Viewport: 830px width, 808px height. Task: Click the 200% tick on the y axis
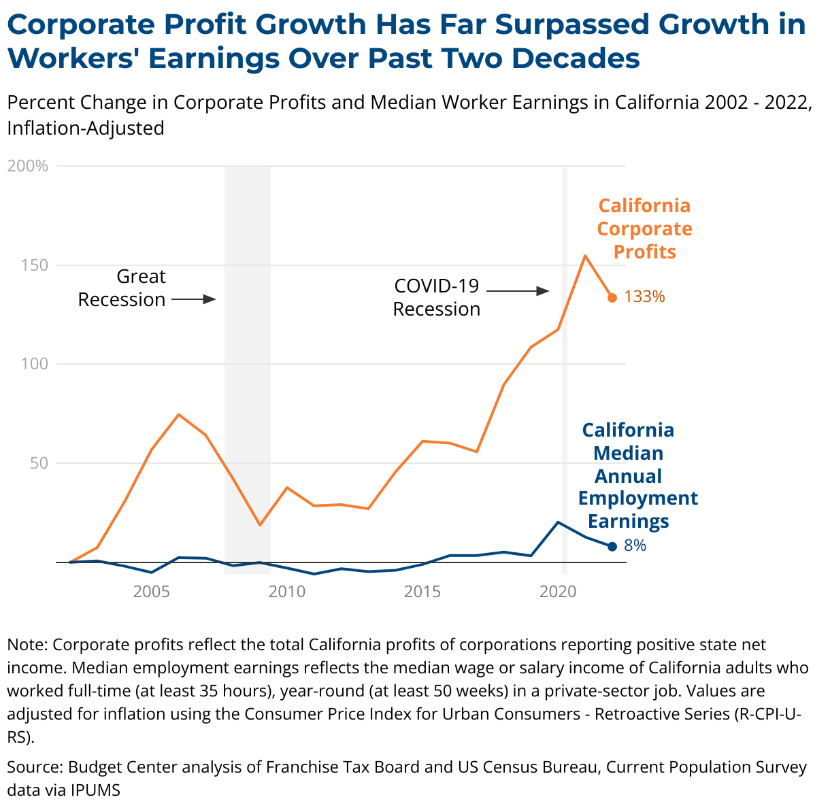tap(28, 166)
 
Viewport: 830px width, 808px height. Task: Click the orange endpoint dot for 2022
tap(612, 298)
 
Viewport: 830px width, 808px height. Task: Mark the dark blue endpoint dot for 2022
tap(612, 546)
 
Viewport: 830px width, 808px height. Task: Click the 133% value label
tap(644, 297)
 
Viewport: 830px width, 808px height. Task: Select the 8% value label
tap(635, 545)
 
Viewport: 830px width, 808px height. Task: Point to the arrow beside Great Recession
tap(194, 299)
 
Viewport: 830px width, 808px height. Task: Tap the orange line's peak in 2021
tap(585, 256)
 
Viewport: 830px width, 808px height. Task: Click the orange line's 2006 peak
tap(178, 414)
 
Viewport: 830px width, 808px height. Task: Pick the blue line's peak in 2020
tap(558, 522)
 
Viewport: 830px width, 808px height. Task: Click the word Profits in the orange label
tap(645, 252)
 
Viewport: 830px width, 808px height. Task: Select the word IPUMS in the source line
tap(95, 790)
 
